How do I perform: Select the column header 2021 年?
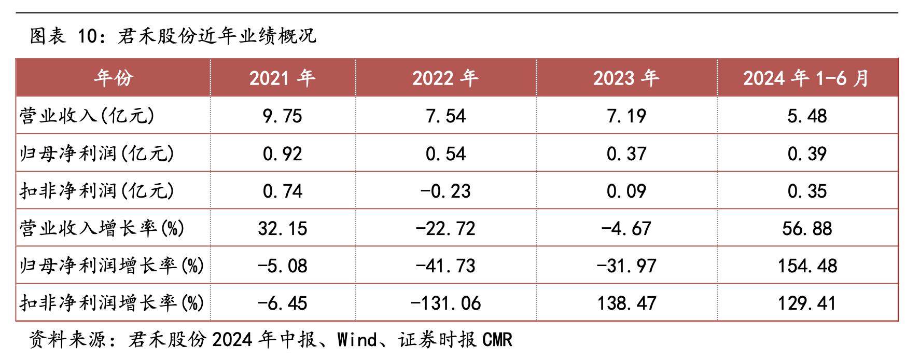pos(282,78)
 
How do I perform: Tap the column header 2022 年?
pos(445,78)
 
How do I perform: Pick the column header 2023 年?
pos(626,78)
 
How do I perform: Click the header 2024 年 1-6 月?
pos(806,78)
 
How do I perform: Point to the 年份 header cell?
pos(114,78)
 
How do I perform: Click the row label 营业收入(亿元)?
pos(87,116)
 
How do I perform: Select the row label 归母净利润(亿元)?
pos(97,154)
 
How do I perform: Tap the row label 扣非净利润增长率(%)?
pos(112,303)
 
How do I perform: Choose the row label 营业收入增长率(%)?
pos(102,228)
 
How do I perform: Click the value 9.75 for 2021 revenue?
pos(282,116)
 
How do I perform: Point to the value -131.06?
pos(445,303)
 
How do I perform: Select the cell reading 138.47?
pos(626,303)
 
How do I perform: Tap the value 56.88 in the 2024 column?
pos(807,229)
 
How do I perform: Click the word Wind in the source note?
pos(357,340)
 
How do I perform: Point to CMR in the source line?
pos(497,340)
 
